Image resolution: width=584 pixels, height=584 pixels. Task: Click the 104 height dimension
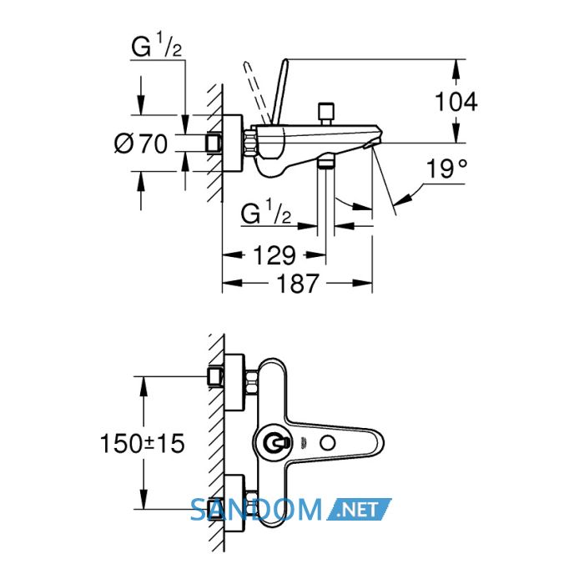456,101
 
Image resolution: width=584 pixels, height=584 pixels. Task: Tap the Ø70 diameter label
141,143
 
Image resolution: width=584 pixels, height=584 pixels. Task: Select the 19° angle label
446,169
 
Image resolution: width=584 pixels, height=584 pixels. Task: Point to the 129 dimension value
274,255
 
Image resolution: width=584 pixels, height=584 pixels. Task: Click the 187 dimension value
298,284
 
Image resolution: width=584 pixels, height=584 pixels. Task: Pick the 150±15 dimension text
143,444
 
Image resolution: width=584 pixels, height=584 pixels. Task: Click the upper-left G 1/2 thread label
157,46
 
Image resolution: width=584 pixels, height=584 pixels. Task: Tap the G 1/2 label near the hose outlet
266,213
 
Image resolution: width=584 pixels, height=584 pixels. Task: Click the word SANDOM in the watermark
256,510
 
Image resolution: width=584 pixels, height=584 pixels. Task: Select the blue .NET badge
359,509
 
